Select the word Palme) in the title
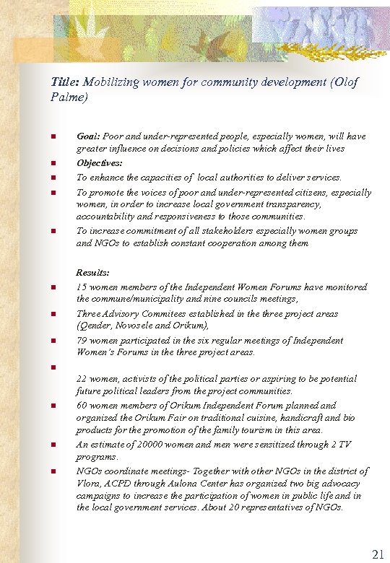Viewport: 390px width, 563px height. coord(69,96)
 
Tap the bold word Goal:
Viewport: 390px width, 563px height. coord(88,136)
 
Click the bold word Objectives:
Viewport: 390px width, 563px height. coord(102,163)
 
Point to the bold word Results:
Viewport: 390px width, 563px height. coord(93,273)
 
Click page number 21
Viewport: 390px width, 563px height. coord(378,554)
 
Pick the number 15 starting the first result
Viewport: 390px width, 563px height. coord(82,287)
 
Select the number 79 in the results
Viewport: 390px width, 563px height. coord(82,340)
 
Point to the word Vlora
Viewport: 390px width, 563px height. coord(90,484)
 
